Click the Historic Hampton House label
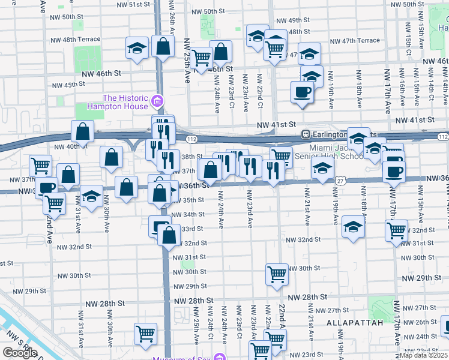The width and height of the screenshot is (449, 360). tap(125, 102)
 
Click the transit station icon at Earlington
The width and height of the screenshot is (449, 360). tap(306, 134)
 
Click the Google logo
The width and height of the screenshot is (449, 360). tap(20, 352)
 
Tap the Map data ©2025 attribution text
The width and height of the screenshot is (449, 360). tap(423, 355)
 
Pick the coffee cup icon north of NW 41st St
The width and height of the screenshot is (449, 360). tap(302, 92)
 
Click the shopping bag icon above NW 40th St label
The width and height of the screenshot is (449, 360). tap(82, 131)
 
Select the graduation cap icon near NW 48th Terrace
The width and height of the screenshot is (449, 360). tap(137, 47)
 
